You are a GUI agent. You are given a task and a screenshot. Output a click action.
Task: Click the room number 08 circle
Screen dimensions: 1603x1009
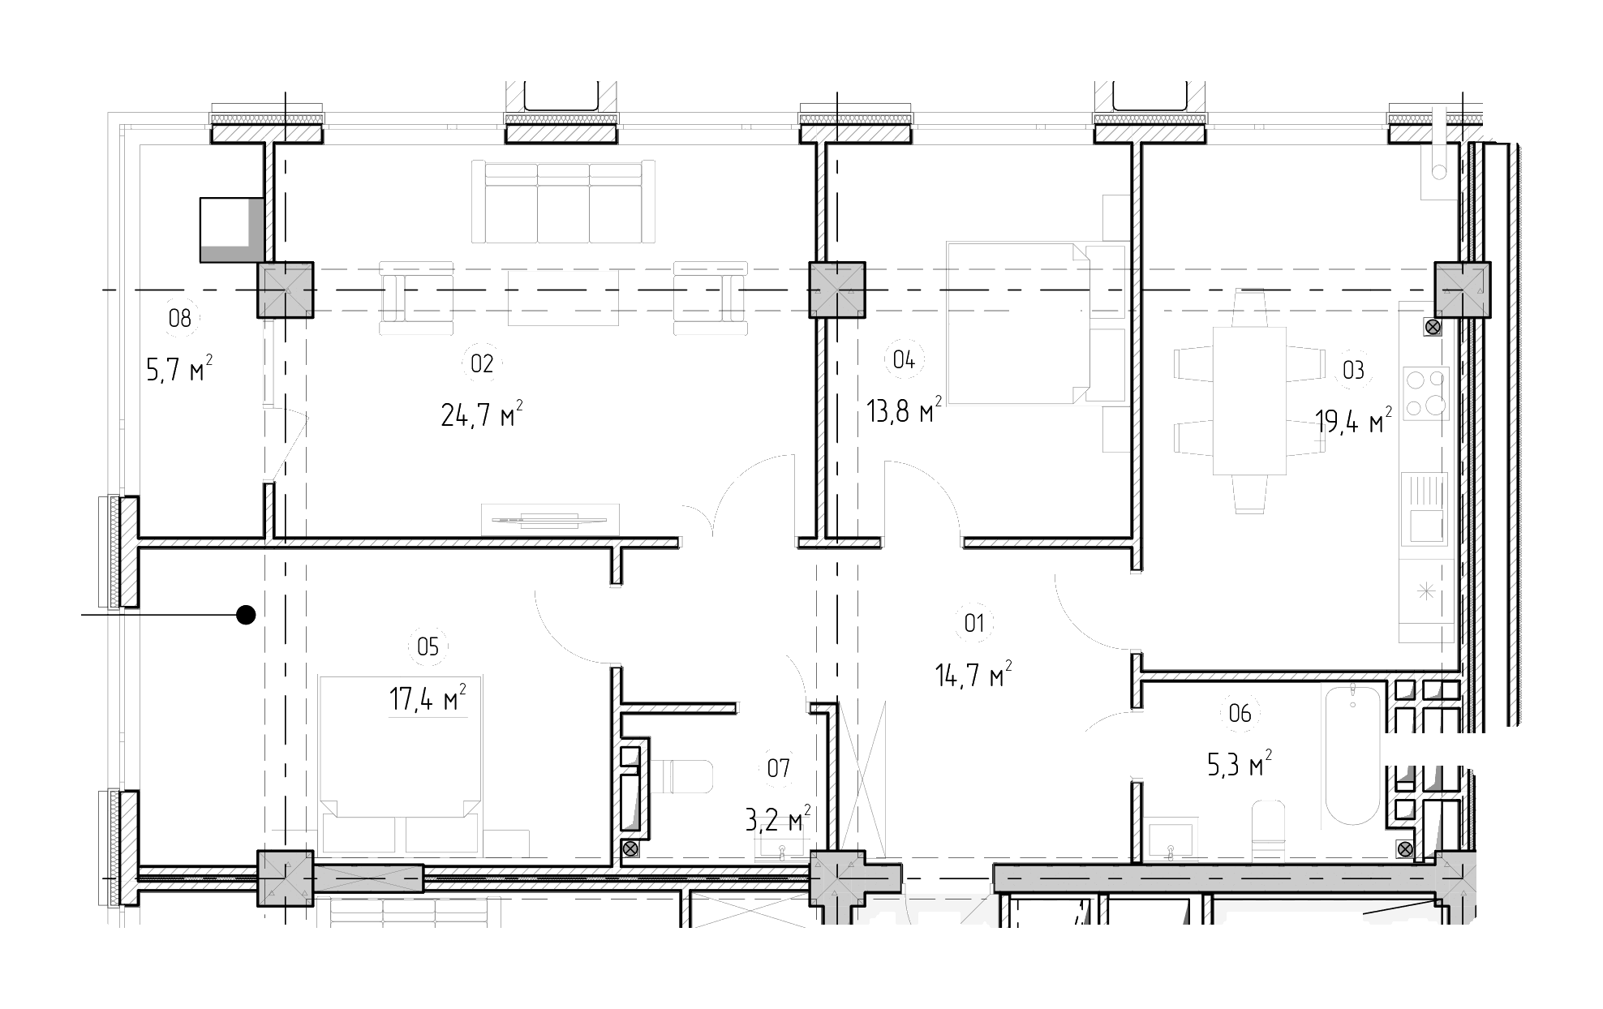pos(179,318)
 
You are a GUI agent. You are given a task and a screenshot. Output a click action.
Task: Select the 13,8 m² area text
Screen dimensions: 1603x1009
pos(904,410)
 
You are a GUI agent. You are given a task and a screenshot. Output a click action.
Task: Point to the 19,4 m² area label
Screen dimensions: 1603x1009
pos(1353,421)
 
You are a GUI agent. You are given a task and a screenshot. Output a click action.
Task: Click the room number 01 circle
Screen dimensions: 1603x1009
pos(974,623)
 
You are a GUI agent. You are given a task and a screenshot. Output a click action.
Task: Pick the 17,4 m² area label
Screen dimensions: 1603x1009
pos(428,698)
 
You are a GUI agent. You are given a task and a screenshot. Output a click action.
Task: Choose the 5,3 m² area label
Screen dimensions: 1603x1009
pos(1240,764)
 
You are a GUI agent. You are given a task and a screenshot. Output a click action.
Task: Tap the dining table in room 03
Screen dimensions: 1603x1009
pos(1249,401)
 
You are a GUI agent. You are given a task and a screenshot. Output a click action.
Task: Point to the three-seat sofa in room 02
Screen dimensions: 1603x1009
pos(563,201)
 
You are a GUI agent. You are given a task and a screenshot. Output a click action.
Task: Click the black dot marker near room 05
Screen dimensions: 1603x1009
pos(246,615)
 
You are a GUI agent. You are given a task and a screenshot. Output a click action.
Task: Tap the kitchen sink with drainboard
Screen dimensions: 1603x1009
pos(1425,509)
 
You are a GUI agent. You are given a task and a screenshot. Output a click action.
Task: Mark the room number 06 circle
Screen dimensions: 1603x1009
pos(1240,713)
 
